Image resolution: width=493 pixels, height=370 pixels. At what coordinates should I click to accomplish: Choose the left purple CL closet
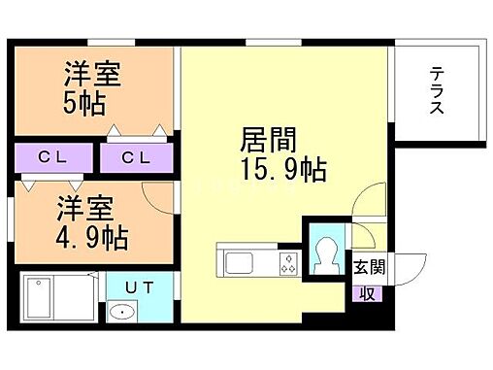52,156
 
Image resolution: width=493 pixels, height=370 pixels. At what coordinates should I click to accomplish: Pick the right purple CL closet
137,156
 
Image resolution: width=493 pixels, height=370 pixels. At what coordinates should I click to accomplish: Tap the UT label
137,287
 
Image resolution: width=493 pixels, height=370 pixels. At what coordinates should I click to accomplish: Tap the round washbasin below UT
121,313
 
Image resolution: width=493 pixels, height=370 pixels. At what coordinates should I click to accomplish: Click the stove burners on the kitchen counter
287,261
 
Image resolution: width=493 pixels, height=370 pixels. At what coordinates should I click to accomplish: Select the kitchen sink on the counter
239,262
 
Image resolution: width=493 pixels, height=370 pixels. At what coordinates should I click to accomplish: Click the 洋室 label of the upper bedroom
91,73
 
